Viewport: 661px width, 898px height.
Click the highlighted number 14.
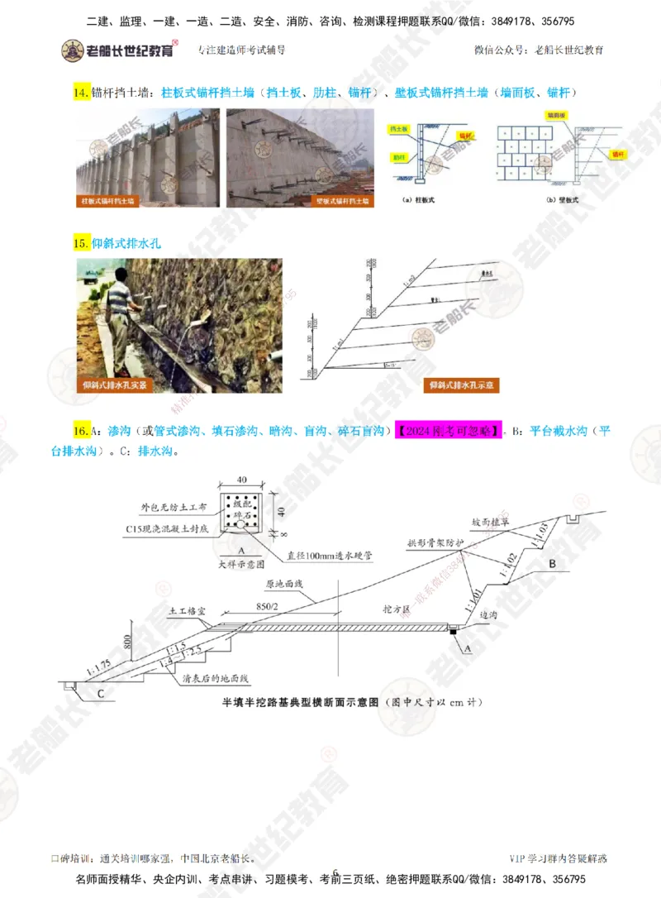81,93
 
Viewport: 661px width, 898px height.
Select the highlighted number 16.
81,432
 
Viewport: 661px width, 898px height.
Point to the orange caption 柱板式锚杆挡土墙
109,200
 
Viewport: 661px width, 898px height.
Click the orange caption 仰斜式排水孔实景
115,385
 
